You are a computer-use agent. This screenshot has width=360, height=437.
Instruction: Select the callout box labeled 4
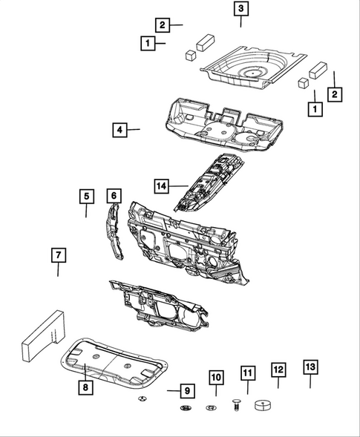pyautogui.click(x=119, y=130)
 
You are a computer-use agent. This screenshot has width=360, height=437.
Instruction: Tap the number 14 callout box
pyautogui.click(x=162, y=184)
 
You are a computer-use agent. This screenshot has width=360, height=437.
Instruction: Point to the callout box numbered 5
pyautogui.click(x=86, y=197)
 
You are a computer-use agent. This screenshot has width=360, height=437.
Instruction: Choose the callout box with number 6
pyautogui.click(x=114, y=196)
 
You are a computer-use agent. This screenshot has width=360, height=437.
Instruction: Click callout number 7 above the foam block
pyautogui.click(x=58, y=256)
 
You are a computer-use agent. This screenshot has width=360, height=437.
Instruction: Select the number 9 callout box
pyautogui.click(x=188, y=390)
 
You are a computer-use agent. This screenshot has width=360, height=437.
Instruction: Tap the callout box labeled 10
pyautogui.click(x=215, y=378)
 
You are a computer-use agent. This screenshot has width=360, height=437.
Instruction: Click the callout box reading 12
pyautogui.click(x=278, y=369)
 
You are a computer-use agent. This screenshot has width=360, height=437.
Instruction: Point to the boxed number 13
pyautogui.click(x=310, y=367)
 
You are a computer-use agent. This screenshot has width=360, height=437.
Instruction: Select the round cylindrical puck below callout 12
pyautogui.click(x=264, y=405)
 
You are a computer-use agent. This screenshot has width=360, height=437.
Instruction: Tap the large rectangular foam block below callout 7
pyautogui.click(x=43, y=335)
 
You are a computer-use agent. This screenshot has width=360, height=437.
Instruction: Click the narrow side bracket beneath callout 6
pyautogui.click(x=114, y=234)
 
